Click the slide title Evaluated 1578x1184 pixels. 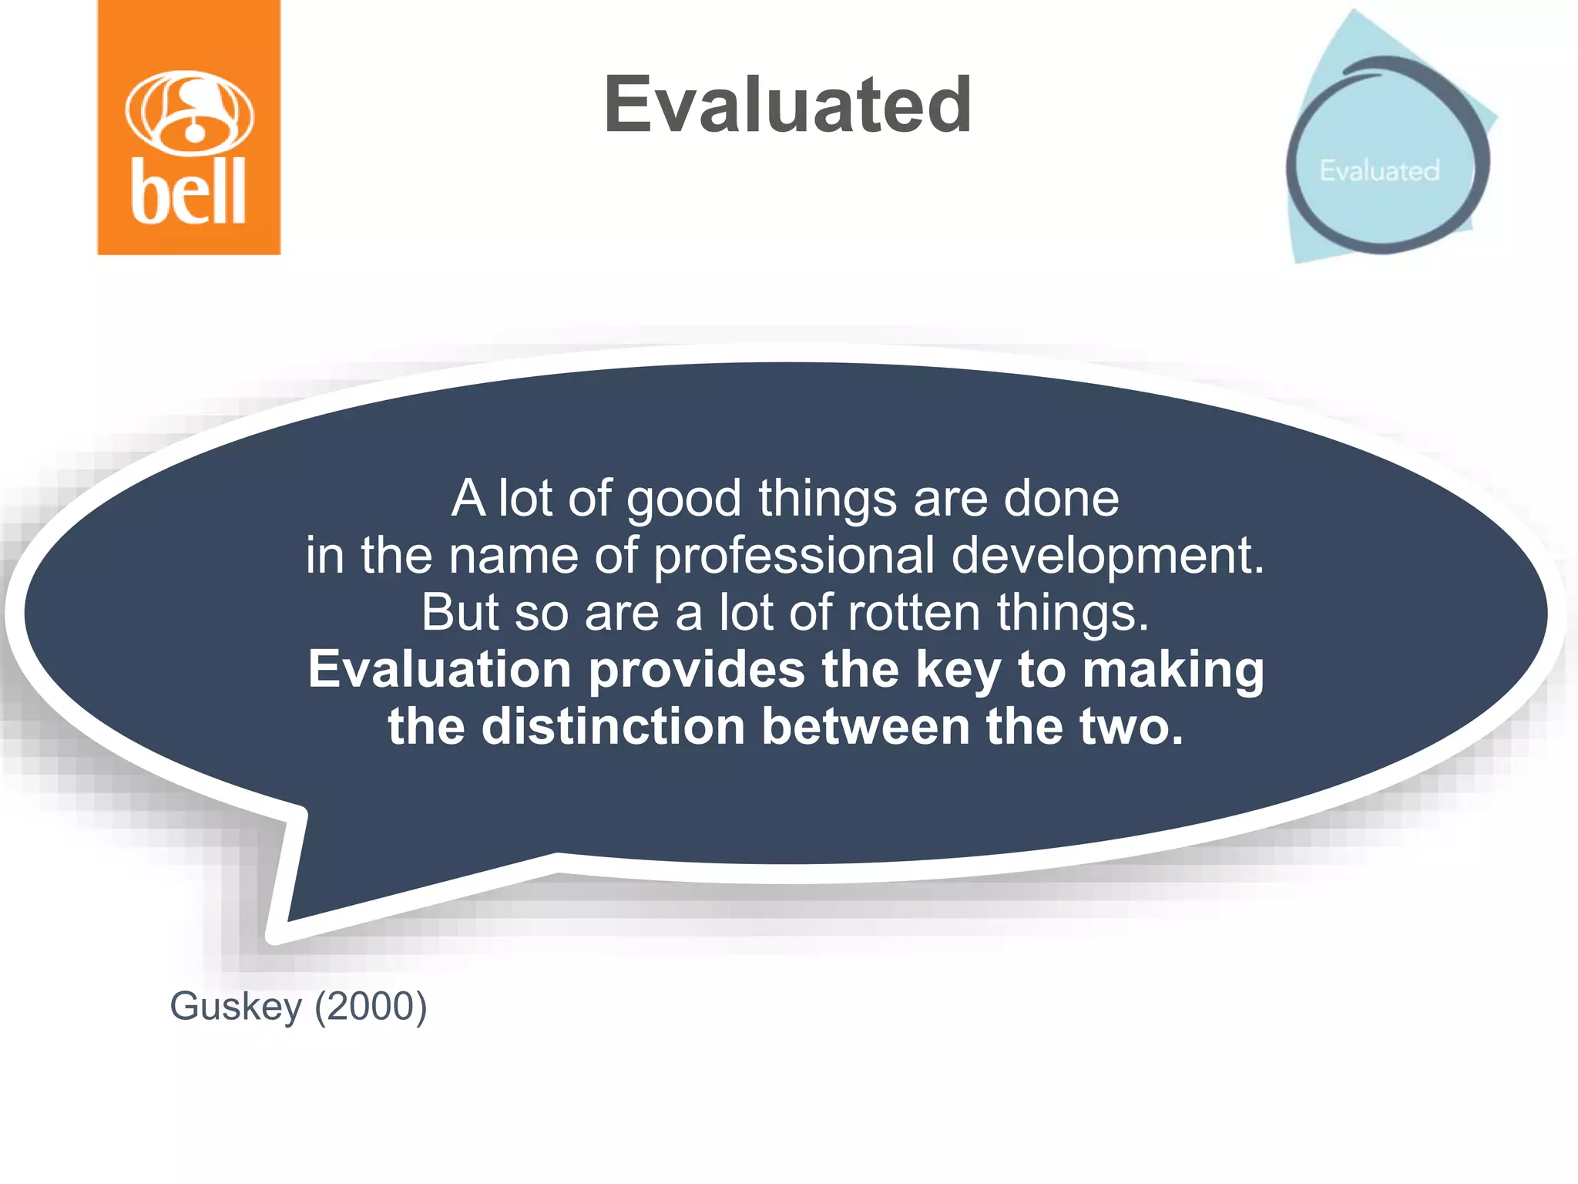(787, 105)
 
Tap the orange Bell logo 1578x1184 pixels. (189, 127)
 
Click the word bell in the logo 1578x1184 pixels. (189, 191)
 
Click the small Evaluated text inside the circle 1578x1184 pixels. (1379, 170)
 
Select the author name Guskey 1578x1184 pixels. (235, 1007)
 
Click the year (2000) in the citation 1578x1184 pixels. (371, 1007)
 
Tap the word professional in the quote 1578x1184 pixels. (794, 557)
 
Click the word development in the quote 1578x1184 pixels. (1108, 557)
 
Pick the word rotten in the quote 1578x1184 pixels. (914, 613)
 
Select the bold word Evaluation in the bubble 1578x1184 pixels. (439, 669)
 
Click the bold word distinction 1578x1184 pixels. (613, 727)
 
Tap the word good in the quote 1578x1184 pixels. (683, 499)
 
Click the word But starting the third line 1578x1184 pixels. (459, 613)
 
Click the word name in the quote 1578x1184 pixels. (513, 557)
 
